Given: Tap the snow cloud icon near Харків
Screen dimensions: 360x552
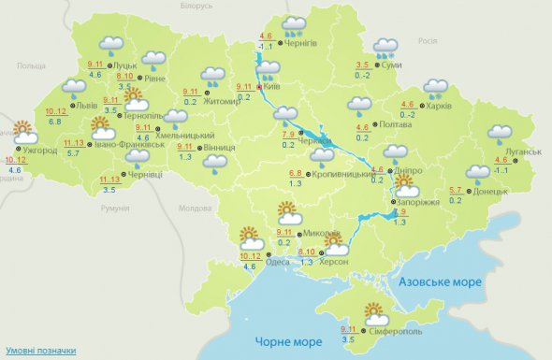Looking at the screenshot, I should (436, 88).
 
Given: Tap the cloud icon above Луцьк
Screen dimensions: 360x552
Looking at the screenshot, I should (112, 45).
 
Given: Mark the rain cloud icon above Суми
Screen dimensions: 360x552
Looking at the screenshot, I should (385, 49).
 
